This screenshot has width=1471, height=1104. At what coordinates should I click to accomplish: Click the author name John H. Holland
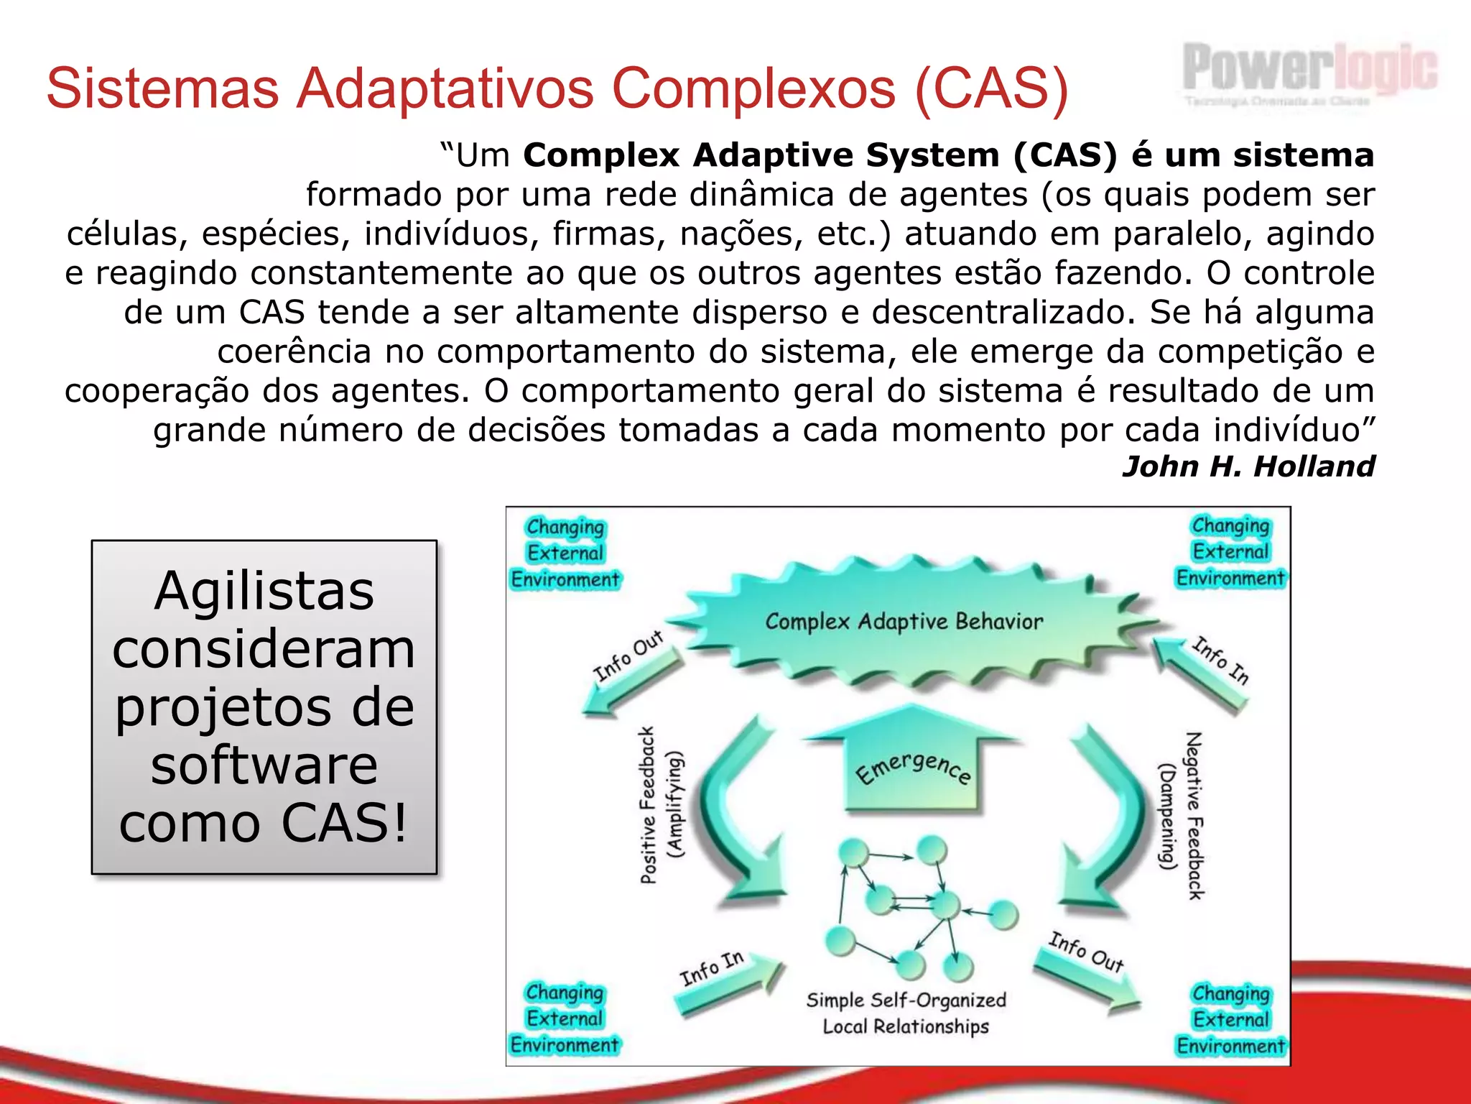tap(1248, 466)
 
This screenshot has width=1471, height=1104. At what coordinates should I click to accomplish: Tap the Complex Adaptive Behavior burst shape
tap(904, 622)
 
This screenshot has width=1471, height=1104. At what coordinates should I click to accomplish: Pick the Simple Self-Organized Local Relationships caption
tap(906, 1013)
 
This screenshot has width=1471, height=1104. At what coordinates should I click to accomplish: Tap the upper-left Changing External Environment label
tap(565, 553)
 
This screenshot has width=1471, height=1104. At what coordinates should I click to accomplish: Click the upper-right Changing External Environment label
tap(1230, 551)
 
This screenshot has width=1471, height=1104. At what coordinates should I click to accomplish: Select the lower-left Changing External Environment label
tap(565, 1018)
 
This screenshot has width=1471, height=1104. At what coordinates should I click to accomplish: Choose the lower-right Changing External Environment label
tap(1230, 1020)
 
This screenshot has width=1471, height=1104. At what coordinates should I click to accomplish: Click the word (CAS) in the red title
tap(992, 88)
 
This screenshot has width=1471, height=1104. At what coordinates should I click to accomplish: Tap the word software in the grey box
tap(264, 765)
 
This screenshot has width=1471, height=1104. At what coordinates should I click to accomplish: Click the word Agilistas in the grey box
tap(264, 591)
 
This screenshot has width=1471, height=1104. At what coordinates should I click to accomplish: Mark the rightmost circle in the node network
tap(1004, 915)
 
